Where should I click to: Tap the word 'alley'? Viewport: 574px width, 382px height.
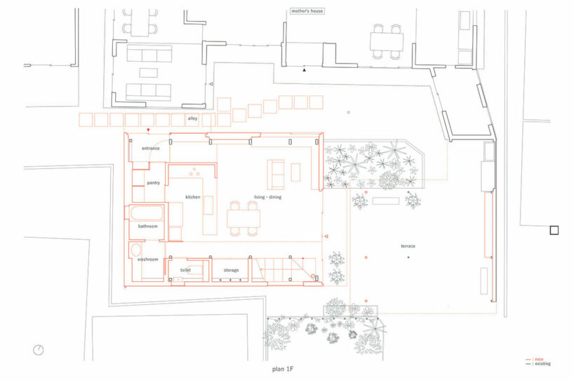[x=192, y=119]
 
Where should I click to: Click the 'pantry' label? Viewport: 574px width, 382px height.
[x=154, y=183]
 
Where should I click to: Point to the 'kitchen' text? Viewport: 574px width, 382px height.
[x=193, y=197]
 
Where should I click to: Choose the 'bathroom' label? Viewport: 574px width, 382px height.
[x=147, y=226]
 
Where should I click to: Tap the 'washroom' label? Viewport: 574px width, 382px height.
[x=147, y=259]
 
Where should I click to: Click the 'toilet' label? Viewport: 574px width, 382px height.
[x=185, y=270]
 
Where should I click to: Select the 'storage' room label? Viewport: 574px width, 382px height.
[x=231, y=270]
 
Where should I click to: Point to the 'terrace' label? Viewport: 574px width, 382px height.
[x=408, y=247]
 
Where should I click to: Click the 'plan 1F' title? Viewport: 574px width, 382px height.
[x=286, y=368]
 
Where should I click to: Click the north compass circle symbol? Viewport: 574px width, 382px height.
[x=39, y=349]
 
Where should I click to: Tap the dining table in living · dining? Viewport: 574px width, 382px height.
[x=243, y=219]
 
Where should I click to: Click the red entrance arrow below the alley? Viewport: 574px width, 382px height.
[x=148, y=131]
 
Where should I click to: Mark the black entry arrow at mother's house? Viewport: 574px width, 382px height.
[x=304, y=70]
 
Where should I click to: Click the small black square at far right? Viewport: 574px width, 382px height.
[x=554, y=230]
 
